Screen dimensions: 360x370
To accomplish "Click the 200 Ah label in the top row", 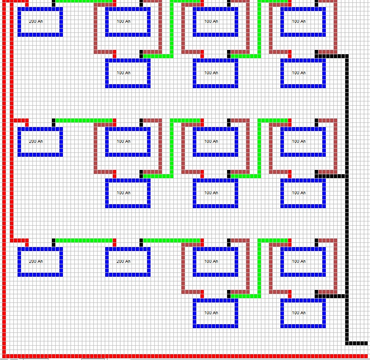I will pos(36,21).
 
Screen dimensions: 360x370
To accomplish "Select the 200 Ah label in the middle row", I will pos(36,141).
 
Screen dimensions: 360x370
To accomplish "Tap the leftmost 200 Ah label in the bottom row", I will pos(36,261).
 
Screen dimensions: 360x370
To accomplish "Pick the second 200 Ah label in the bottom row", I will pos(124,261).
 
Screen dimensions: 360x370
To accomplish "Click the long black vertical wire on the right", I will pos(347,200).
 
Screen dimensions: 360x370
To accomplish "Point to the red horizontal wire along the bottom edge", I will pos(190,356).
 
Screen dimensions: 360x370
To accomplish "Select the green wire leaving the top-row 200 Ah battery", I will pos(83,0).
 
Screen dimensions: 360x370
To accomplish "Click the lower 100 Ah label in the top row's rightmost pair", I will pos(299,73).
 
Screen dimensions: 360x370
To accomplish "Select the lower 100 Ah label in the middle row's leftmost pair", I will pos(124,193).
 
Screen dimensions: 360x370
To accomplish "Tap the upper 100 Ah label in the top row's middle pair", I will pos(211,21).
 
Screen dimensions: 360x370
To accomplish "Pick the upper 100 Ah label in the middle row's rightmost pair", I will pos(299,141).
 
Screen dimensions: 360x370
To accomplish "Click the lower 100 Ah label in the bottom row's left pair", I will pos(211,313).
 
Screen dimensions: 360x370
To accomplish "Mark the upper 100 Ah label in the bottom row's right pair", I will pos(299,261).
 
